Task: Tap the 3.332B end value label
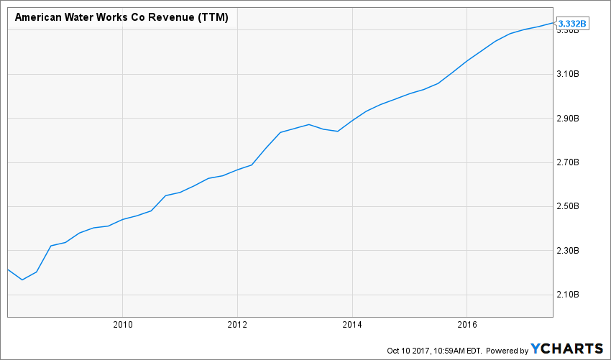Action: (573, 23)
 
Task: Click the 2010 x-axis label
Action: (122, 325)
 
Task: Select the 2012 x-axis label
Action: (237, 325)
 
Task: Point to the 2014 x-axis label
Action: (352, 325)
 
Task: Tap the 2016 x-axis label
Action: (467, 325)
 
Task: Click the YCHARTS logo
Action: (567, 349)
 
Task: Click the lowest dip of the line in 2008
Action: (22, 280)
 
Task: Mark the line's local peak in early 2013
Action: (309, 124)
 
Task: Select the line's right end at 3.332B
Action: (553, 23)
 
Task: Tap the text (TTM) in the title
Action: (213, 17)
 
